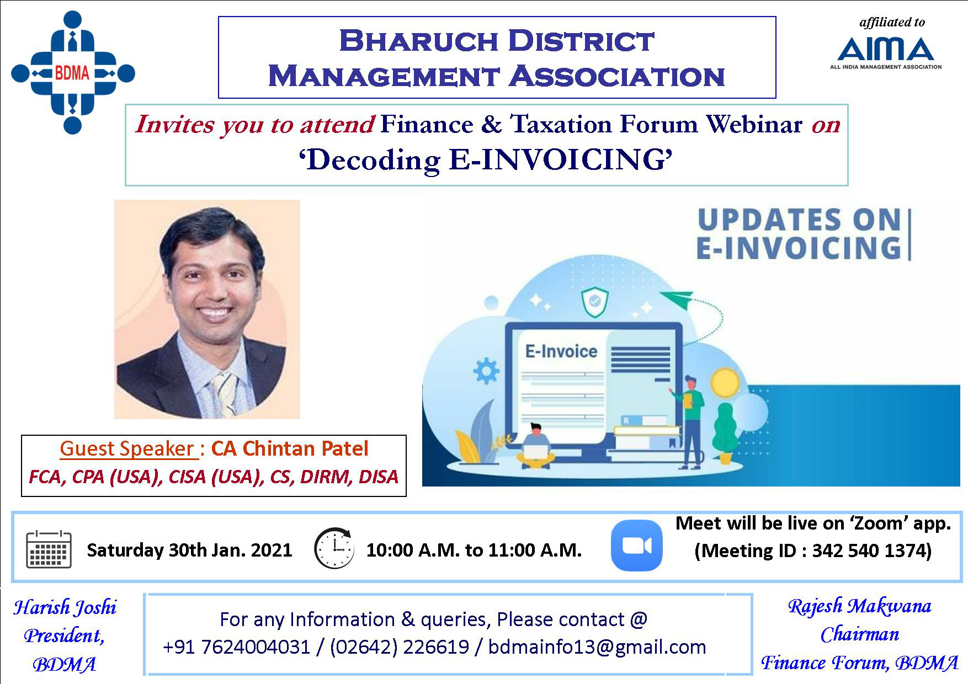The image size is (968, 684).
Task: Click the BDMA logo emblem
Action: (x=73, y=73)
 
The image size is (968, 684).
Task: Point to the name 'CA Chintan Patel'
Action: (x=290, y=449)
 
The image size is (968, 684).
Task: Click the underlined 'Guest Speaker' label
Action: (x=128, y=449)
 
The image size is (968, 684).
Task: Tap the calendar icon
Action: (x=49, y=549)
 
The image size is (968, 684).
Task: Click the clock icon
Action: (x=334, y=548)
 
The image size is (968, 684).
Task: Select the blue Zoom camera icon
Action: (x=636, y=545)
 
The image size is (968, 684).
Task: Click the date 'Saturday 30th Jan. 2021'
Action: (x=189, y=550)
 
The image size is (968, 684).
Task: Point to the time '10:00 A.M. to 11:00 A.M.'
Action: (x=474, y=550)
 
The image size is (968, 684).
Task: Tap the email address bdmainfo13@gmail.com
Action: (x=597, y=647)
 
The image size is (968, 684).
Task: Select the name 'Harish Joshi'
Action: (x=65, y=608)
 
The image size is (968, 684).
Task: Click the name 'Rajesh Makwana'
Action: (x=859, y=606)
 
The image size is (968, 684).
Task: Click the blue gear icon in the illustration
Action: (x=486, y=371)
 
